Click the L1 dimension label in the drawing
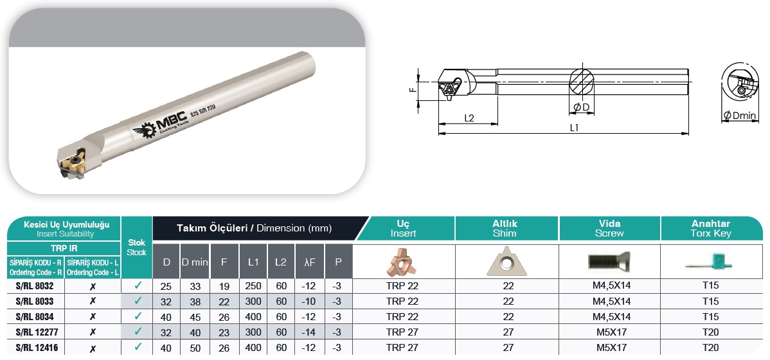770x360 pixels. coord(574,127)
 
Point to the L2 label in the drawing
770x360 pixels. coord(469,118)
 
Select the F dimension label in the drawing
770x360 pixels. coord(413,89)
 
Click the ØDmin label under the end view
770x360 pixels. coord(740,116)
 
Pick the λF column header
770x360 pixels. coord(309,262)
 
